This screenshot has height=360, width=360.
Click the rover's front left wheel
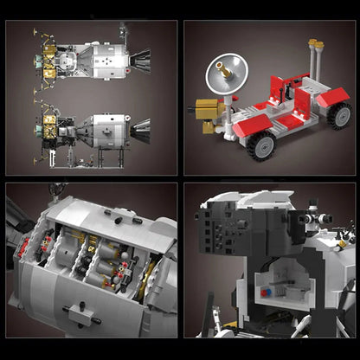(260, 146)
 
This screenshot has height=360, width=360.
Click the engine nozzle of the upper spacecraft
(140, 59)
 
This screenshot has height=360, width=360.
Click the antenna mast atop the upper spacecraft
(123, 31)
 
